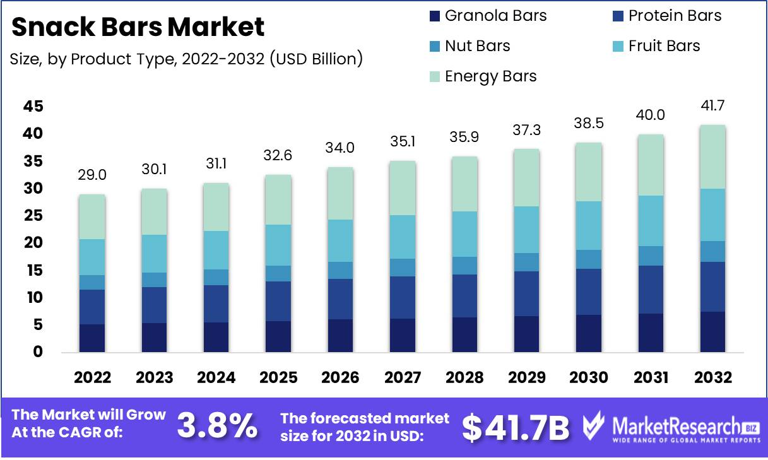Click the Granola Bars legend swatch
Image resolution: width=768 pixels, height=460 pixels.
(x=434, y=16)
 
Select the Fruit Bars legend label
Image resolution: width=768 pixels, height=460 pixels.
(x=664, y=46)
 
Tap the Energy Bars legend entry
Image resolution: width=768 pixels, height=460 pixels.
(x=490, y=76)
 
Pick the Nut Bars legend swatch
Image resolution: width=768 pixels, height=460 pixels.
(x=434, y=46)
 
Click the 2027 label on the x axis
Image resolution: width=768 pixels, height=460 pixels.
(x=403, y=377)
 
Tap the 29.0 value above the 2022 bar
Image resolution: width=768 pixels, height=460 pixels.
(x=92, y=175)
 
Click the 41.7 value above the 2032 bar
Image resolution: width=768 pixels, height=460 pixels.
(x=712, y=105)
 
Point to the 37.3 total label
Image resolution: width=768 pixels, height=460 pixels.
(x=526, y=129)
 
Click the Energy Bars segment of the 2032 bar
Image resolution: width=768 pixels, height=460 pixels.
(x=712, y=156)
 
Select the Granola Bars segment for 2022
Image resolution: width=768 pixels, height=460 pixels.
(x=92, y=338)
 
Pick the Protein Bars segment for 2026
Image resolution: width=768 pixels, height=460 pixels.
(x=341, y=298)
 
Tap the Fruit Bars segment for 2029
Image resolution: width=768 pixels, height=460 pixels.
(x=526, y=230)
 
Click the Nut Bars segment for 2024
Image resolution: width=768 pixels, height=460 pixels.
(x=216, y=277)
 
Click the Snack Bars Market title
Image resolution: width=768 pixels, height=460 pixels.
(x=138, y=27)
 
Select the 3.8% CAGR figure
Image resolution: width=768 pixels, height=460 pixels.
(x=216, y=426)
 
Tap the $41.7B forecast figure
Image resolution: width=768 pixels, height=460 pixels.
(x=515, y=427)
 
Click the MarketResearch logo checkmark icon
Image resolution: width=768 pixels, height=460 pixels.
(x=594, y=427)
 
